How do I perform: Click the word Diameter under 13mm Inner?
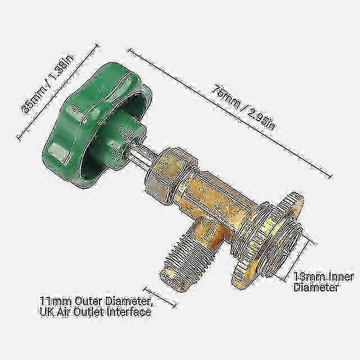(x=317, y=287)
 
